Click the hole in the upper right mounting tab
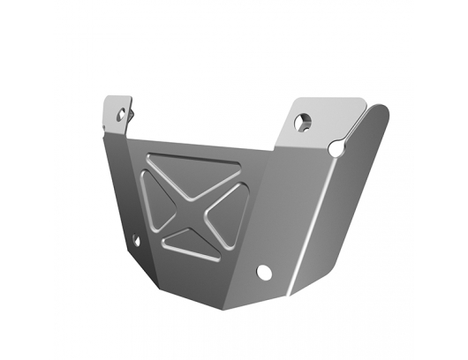[x=304, y=122]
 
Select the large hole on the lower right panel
[x=263, y=272]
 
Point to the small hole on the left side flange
[x=135, y=239]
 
